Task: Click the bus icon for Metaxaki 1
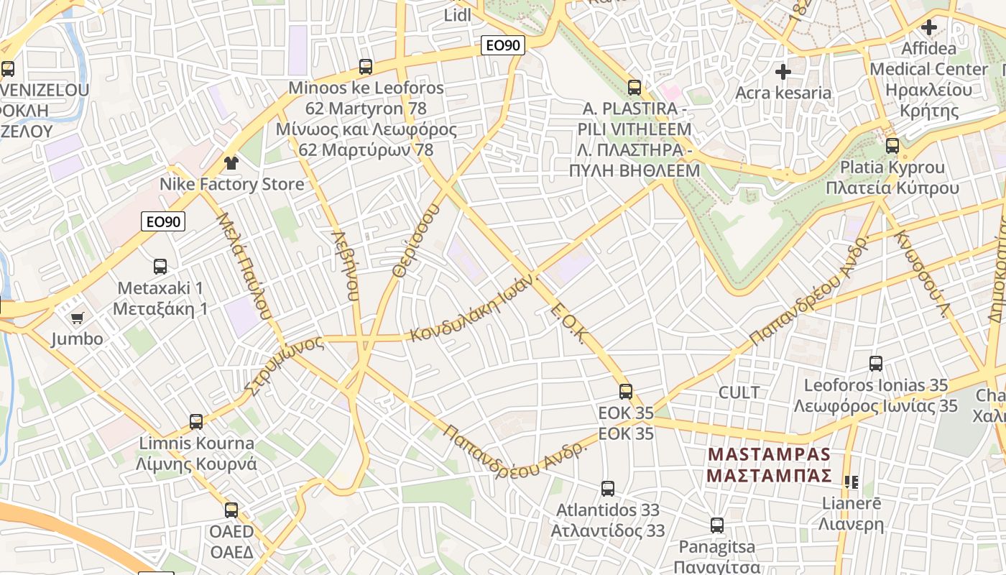point(160,266)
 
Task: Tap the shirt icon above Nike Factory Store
point(231,162)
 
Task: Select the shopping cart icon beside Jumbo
point(78,318)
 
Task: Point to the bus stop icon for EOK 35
point(626,392)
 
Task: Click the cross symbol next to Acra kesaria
point(783,72)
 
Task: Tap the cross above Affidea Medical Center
point(929,28)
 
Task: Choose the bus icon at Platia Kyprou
point(892,146)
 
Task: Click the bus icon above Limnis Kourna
point(196,421)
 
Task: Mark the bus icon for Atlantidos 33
point(608,489)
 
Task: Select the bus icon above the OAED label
point(231,510)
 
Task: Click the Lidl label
point(457,14)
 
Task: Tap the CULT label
point(739,392)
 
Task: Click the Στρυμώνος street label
point(285,365)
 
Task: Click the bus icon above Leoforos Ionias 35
point(876,364)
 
